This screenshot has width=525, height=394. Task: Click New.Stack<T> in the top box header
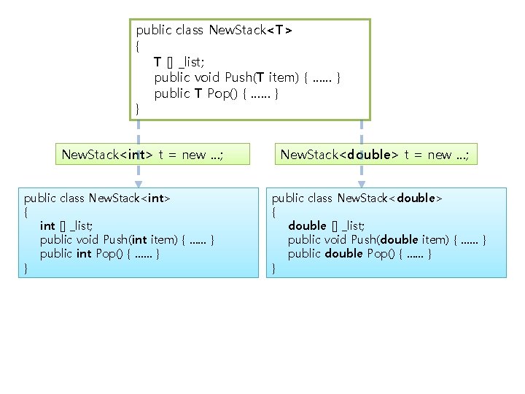pyautogui.click(x=250, y=30)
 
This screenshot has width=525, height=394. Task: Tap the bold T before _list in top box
pyautogui.click(x=157, y=61)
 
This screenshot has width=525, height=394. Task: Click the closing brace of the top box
pyautogui.click(x=139, y=109)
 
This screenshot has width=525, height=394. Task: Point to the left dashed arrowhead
pyautogui.click(x=139, y=183)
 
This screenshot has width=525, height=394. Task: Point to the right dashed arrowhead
pyautogui.click(x=361, y=183)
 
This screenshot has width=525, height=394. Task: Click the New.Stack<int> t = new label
pyautogui.click(x=142, y=155)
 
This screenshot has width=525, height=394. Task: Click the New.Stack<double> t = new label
pyautogui.click(x=375, y=155)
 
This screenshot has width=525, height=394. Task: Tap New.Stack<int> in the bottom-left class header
pyautogui.click(x=129, y=198)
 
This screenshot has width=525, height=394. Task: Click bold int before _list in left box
pyautogui.click(x=47, y=225)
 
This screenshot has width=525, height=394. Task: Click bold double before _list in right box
pyautogui.click(x=307, y=225)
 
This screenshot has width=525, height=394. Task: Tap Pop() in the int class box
pyautogui.click(x=109, y=253)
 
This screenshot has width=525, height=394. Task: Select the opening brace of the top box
pyautogui.click(x=139, y=45)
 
